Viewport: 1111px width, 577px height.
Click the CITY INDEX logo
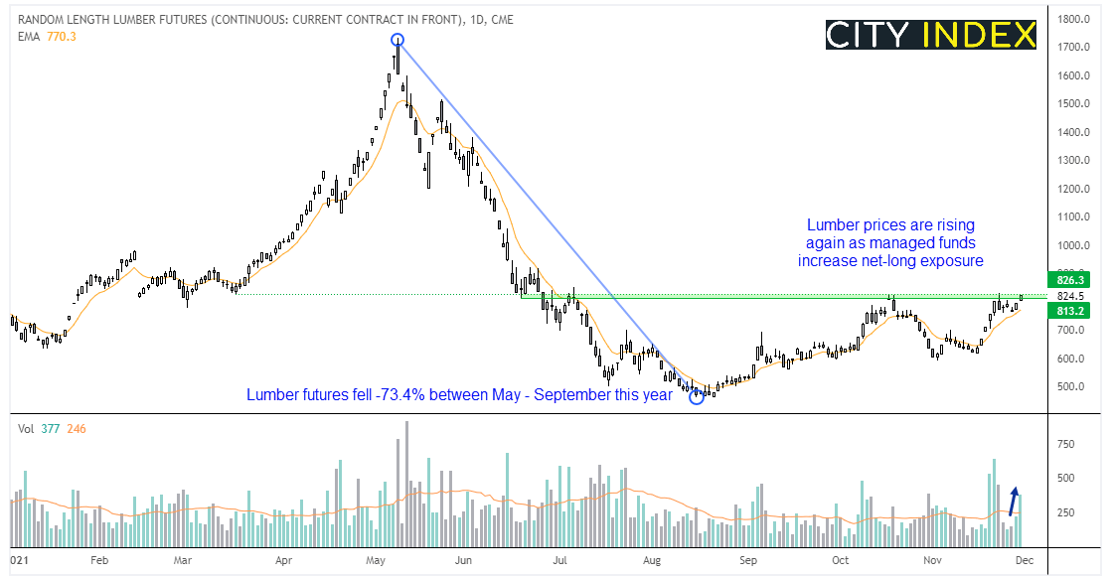(x=931, y=34)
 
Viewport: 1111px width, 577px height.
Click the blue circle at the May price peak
(x=397, y=41)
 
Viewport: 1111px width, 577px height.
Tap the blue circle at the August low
(x=696, y=397)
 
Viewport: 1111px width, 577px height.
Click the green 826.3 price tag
(x=1067, y=280)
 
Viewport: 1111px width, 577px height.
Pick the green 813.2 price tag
(x=1067, y=310)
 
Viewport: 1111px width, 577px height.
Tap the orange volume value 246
(x=77, y=428)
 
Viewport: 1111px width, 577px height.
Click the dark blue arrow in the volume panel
(x=1014, y=501)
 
